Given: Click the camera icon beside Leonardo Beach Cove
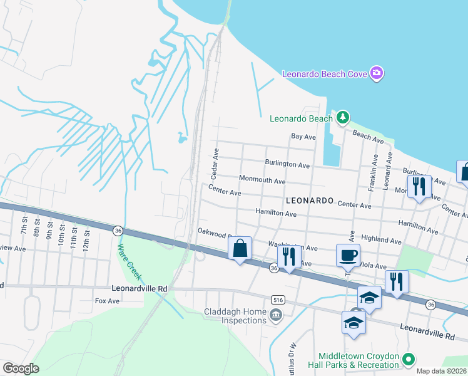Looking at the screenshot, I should tap(377, 74).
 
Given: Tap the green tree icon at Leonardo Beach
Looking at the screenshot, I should tap(342, 117).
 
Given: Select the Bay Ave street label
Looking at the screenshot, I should tap(303, 136).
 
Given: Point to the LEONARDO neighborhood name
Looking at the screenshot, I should tap(308, 201).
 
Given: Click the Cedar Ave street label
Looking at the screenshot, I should tap(215, 162).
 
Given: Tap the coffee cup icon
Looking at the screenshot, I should tap(348, 255).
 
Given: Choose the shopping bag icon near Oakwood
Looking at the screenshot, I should tap(240, 248).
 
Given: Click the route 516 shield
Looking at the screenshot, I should tap(275, 300).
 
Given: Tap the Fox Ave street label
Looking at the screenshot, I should tap(106, 301).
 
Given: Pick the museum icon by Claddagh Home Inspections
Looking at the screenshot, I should tap(275, 314).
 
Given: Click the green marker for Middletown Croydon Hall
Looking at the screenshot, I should tap(408, 360).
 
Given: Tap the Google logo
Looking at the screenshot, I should tap(21, 368).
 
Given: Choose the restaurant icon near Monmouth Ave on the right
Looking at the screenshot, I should tap(419, 185).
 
